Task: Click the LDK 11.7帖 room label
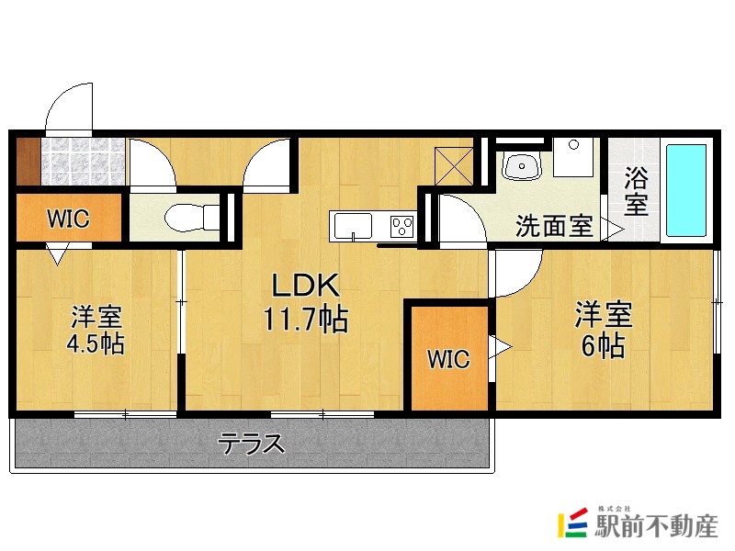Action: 304,302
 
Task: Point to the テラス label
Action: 250,445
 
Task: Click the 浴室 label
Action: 636,191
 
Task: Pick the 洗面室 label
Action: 553,227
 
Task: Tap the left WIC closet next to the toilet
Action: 68,219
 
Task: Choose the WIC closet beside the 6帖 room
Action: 448,359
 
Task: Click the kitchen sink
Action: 353,225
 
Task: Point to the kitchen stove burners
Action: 402,224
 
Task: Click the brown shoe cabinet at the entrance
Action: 28,162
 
